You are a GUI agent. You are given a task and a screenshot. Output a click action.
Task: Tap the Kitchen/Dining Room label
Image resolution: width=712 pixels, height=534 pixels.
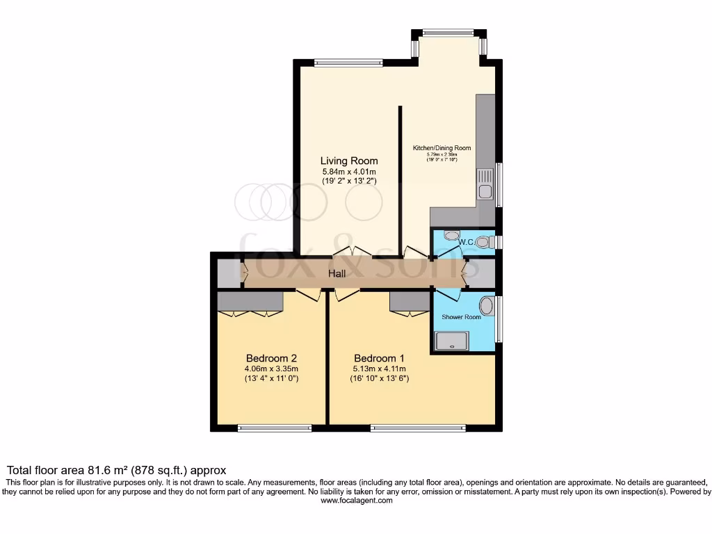442,148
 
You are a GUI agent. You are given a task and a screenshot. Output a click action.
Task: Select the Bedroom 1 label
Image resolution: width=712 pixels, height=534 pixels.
378,358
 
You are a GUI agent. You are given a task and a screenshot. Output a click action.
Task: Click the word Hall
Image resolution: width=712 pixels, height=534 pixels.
337,274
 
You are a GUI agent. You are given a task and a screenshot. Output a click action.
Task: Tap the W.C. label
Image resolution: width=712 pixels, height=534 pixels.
466,242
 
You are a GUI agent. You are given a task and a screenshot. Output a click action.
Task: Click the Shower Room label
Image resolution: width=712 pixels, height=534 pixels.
461,317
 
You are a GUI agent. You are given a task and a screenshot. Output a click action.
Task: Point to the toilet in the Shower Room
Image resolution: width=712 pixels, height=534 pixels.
487,306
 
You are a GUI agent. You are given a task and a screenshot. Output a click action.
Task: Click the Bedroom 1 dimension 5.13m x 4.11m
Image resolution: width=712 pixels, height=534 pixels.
378,369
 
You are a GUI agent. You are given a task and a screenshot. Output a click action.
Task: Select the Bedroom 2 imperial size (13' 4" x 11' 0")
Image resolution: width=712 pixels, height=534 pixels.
271,379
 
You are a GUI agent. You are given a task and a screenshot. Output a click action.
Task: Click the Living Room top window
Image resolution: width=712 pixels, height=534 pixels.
348,63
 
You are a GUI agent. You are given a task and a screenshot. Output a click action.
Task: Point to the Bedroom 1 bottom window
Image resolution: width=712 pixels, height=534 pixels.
418,428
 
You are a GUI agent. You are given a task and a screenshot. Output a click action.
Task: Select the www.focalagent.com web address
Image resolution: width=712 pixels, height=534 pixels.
355,501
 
